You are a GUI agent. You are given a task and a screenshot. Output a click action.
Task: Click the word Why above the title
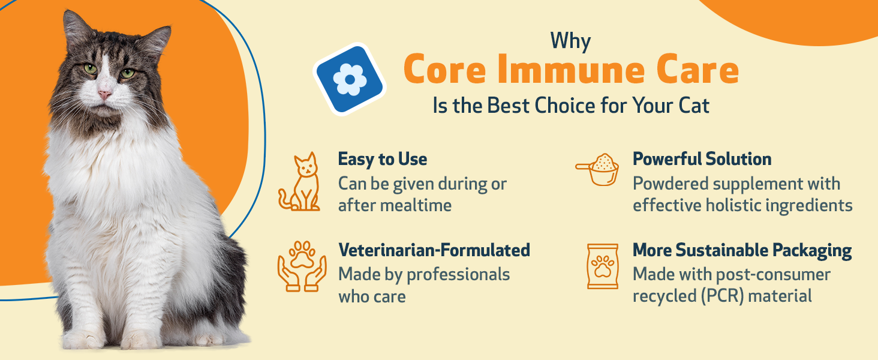(x=570, y=41)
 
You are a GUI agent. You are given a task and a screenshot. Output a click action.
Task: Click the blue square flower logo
(x=350, y=79)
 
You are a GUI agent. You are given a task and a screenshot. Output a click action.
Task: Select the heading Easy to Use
(x=383, y=159)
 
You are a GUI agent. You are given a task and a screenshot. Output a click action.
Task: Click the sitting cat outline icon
(x=299, y=182)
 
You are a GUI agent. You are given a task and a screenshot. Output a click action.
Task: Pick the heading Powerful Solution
(x=702, y=159)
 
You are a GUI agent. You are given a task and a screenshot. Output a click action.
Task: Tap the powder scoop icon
(x=598, y=169)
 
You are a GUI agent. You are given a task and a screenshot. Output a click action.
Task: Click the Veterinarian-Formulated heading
(x=434, y=250)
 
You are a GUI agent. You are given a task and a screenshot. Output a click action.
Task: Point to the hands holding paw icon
(x=302, y=266)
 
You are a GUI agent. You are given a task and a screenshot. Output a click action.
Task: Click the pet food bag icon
(x=603, y=266)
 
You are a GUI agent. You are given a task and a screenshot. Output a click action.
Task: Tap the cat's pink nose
(x=104, y=94)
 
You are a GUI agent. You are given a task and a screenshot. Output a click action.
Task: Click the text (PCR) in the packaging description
(x=721, y=296)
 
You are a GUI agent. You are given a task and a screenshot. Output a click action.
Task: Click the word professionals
(x=458, y=275)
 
